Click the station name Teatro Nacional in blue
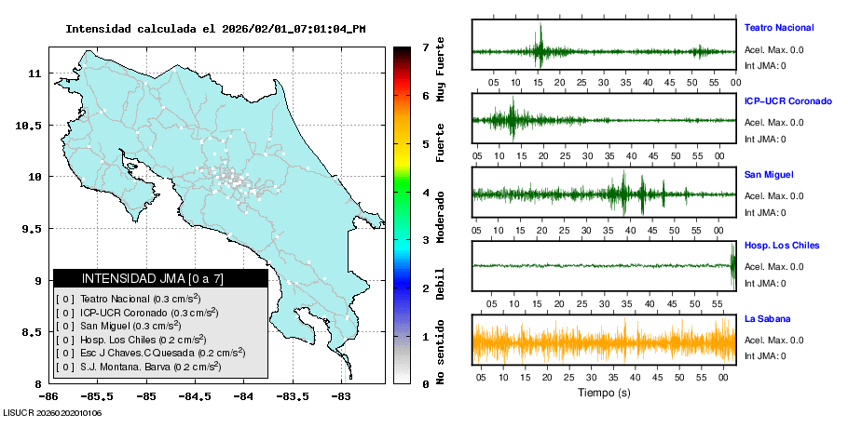point(778,28)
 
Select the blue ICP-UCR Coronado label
point(787,100)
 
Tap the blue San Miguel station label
point(769,174)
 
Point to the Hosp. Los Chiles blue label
point(781,246)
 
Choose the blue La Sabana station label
point(766,319)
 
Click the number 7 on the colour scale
point(425,47)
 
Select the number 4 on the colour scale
point(425,193)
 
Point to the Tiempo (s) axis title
point(604,393)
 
